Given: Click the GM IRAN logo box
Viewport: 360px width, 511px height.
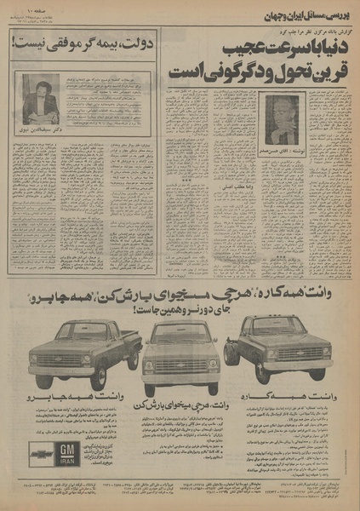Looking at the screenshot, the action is tap(66, 451).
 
